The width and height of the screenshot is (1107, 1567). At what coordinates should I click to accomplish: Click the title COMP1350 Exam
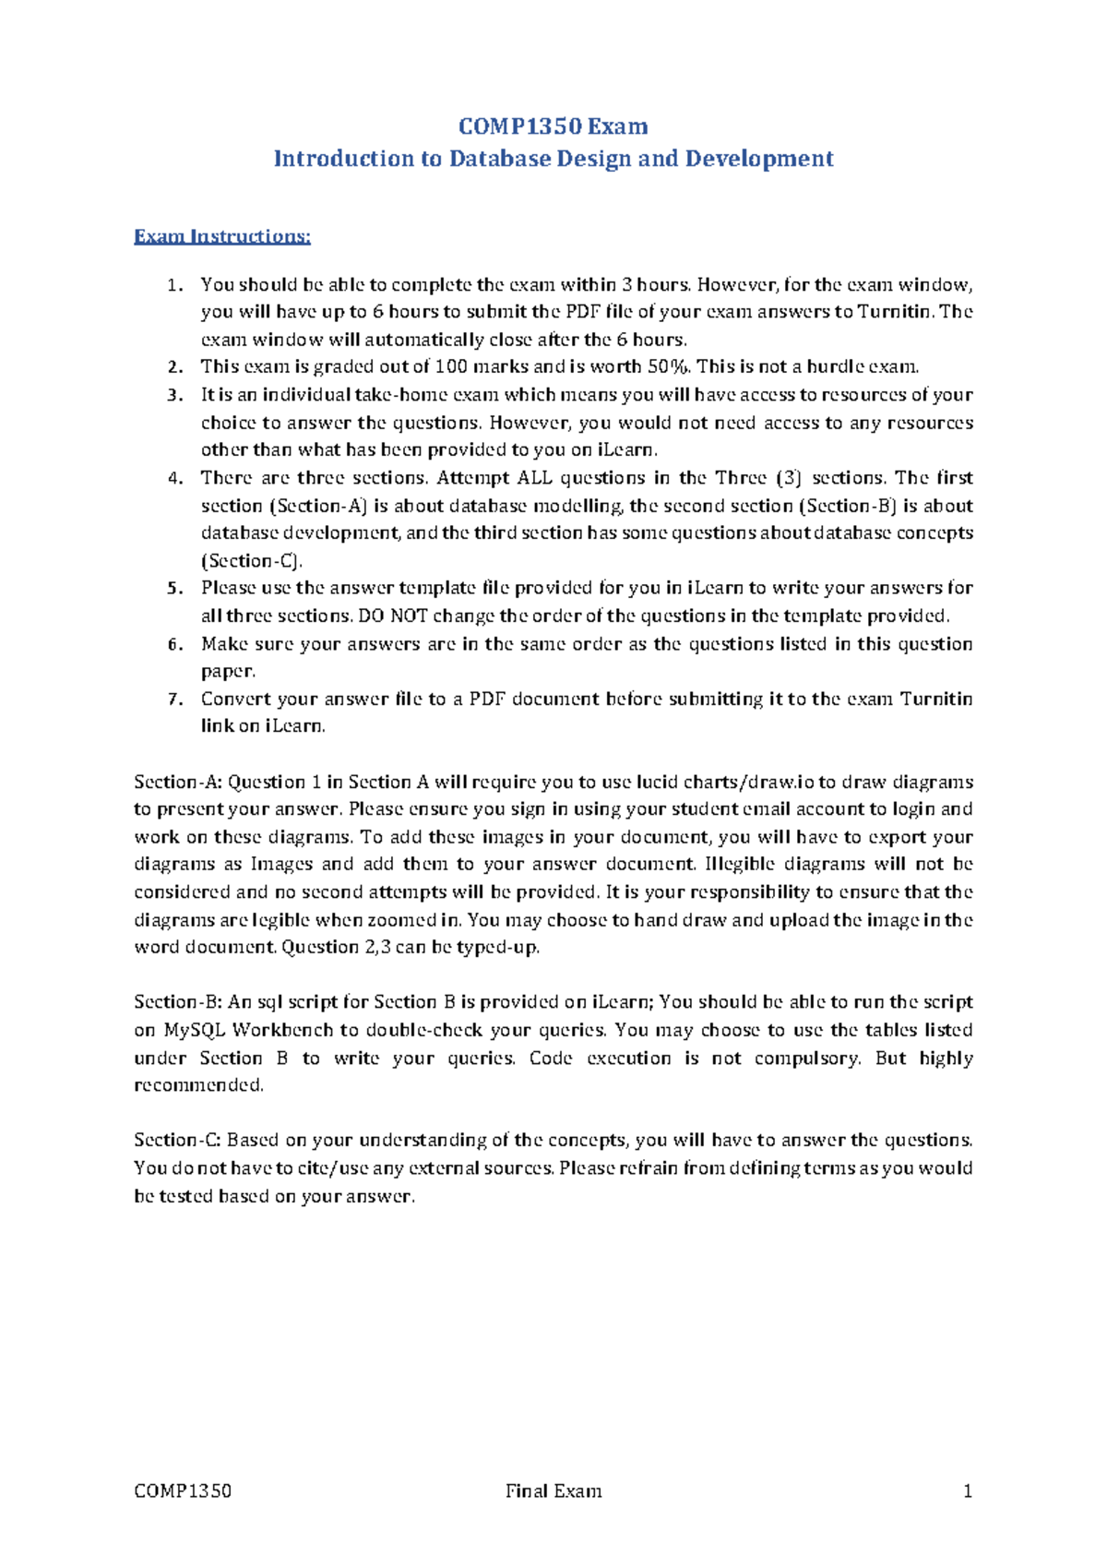tap(553, 126)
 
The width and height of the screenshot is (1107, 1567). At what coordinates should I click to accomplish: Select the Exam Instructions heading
tap(222, 236)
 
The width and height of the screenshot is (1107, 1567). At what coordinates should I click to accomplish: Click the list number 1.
tap(173, 285)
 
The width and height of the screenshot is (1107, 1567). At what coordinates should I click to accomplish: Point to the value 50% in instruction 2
tap(667, 366)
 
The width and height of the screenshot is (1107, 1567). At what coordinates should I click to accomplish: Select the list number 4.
tap(173, 478)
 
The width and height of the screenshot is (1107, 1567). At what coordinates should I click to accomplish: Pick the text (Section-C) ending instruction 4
tap(251, 561)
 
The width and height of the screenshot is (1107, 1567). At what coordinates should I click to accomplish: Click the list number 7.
tap(173, 699)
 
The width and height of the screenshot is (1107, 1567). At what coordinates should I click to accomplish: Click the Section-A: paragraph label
tap(177, 782)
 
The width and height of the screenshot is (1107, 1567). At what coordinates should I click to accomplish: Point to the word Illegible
tap(740, 865)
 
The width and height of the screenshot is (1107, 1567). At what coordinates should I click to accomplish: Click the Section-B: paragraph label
tap(177, 1002)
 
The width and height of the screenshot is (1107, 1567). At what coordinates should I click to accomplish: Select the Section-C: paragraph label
tap(177, 1141)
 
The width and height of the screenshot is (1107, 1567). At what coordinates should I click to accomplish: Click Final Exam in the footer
tap(553, 1491)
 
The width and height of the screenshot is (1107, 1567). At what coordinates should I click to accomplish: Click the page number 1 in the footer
tap(968, 1491)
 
